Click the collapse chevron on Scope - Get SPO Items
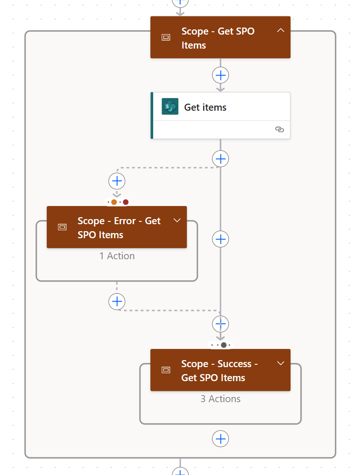(x=280, y=31)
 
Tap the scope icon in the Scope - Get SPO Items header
(x=166, y=37)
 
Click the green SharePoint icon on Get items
(x=170, y=106)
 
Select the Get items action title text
(x=205, y=107)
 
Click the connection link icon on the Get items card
(x=279, y=130)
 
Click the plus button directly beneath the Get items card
(x=220, y=159)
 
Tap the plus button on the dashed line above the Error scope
(x=117, y=181)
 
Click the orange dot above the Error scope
(x=114, y=202)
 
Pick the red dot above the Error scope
(x=126, y=202)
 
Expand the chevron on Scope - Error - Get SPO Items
(x=177, y=220)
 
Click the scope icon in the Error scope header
(x=62, y=227)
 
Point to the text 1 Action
(x=117, y=256)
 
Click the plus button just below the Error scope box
(x=117, y=301)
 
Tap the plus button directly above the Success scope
(x=220, y=324)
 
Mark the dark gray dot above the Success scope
(x=224, y=345)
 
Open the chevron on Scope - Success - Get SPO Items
(x=281, y=363)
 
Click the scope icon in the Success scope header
(x=166, y=370)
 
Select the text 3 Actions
(x=220, y=399)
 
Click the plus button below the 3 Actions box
(x=220, y=439)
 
